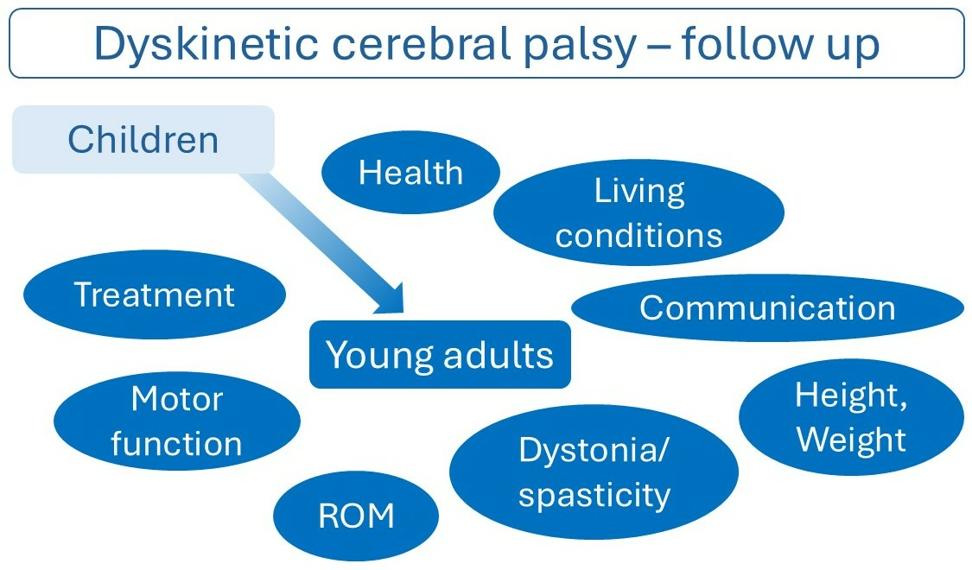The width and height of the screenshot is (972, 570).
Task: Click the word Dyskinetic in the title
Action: point(207,45)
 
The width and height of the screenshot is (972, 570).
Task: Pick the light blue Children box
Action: point(143,139)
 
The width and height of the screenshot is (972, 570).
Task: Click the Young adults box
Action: point(440,354)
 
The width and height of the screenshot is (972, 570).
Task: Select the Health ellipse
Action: point(410,172)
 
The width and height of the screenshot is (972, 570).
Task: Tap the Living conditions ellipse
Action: point(638,212)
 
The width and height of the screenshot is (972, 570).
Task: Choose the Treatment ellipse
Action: point(155,294)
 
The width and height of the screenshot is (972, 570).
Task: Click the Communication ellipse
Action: point(767,308)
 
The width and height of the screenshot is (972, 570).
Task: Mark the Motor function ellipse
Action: point(176,421)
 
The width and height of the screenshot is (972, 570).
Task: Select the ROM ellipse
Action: point(356,516)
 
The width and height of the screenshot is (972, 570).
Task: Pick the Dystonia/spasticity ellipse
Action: point(594,472)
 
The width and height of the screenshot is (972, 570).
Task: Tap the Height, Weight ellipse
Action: point(851,417)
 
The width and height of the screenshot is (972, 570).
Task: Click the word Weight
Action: point(851,440)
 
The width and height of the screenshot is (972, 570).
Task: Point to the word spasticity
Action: point(594,495)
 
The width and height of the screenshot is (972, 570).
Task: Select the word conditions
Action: point(638,236)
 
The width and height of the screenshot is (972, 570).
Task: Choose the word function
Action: point(176,444)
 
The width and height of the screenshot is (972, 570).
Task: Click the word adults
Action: point(498,355)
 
